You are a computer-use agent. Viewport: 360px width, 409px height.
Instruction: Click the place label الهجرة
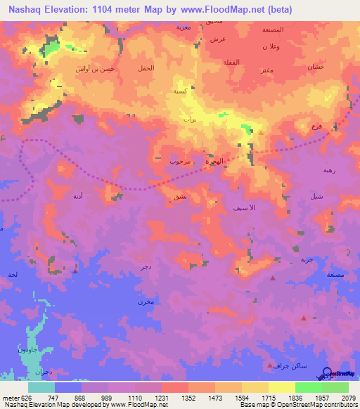[213, 161]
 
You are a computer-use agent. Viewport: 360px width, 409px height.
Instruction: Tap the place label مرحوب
[179, 161]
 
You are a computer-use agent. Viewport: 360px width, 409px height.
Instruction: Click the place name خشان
[314, 67]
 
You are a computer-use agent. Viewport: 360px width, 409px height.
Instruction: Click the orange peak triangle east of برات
[261, 131]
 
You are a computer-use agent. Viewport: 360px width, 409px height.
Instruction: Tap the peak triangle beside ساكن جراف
[270, 365]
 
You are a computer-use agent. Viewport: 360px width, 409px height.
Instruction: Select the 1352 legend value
[188, 397]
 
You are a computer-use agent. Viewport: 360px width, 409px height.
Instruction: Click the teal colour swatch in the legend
[41, 387]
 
